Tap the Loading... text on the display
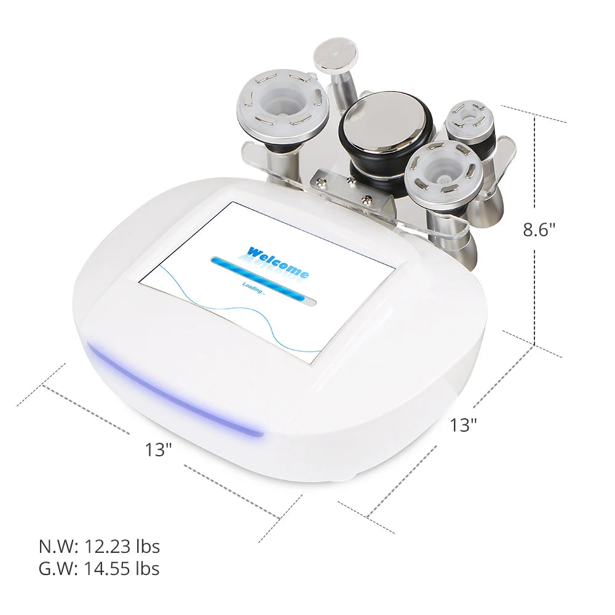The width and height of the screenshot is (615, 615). pyautogui.click(x=253, y=287)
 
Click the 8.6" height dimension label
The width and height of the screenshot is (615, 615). pyautogui.click(x=539, y=229)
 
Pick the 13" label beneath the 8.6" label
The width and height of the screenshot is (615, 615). pyautogui.click(x=463, y=424)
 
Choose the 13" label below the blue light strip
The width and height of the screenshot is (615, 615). pyautogui.click(x=158, y=450)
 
